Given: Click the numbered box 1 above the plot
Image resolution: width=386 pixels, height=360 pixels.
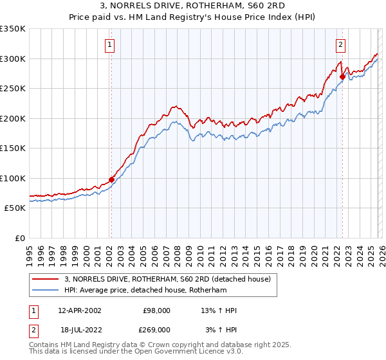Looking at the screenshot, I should [x=111, y=45].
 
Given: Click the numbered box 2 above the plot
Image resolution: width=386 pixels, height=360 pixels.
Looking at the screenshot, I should [x=340, y=45].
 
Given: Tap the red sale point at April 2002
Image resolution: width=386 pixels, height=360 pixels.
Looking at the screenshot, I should [x=111, y=179].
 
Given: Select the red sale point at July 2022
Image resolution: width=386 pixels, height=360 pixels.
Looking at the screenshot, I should [x=342, y=77].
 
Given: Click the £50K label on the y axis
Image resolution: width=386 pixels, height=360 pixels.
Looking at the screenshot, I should [x=14, y=208].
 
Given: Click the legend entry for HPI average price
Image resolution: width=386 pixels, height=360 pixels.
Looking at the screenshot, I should [x=145, y=291].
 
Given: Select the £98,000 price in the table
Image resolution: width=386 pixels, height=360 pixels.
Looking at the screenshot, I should [x=156, y=310].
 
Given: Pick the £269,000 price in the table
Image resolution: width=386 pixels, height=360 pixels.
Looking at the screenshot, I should [x=156, y=329].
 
